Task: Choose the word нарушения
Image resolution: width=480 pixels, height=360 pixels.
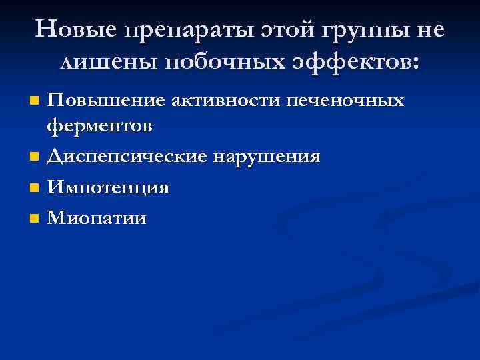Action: pos(267,157)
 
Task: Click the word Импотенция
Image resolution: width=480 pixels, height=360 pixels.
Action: pos(107,188)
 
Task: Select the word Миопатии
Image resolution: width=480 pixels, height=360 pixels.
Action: pos(97,218)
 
